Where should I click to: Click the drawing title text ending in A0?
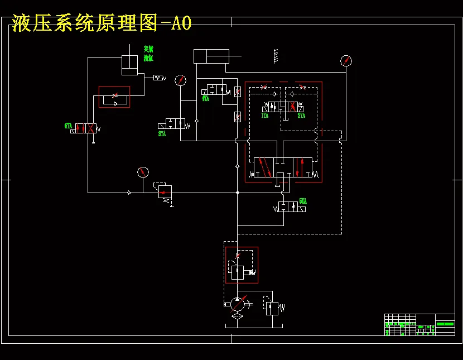(102, 23)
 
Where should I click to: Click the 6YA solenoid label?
(68, 127)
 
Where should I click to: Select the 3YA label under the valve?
(162, 134)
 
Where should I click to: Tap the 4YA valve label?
(205, 98)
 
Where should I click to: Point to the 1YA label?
(265, 116)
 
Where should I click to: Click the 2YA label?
(301, 116)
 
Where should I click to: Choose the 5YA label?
(303, 201)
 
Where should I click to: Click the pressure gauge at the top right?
(346, 61)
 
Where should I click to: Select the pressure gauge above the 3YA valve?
(180, 80)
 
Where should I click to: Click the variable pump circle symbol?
(237, 304)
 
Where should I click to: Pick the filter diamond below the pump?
(237, 316)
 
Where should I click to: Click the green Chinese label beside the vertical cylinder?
(148, 53)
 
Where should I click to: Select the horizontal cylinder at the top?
(211, 56)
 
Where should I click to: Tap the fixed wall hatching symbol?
(276, 55)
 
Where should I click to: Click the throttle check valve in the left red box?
(114, 97)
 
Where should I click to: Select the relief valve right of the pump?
(272, 308)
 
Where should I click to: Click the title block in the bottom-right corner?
(419, 324)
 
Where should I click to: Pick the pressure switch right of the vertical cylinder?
(158, 78)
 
